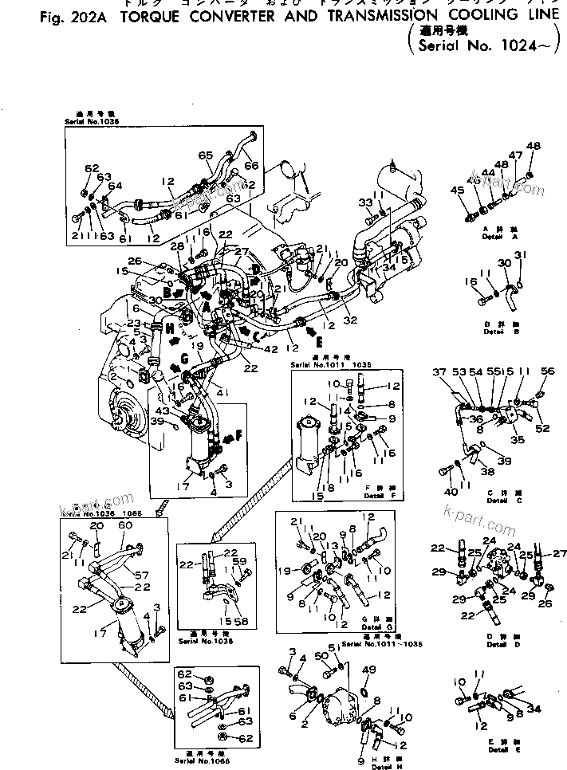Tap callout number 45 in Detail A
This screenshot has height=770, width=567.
(457, 190)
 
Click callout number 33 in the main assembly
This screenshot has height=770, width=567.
(366, 202)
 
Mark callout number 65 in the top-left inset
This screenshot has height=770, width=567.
(205, 155)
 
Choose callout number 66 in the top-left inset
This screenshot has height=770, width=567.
(252, 165)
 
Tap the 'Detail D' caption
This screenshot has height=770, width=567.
(499, 642)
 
